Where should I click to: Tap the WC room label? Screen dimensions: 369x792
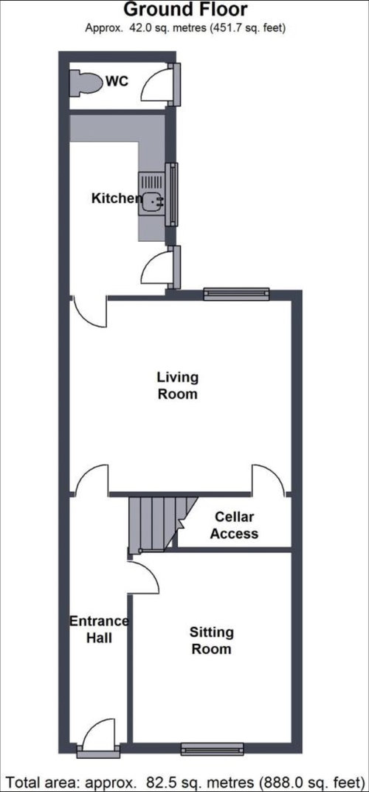117,81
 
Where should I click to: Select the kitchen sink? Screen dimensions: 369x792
152,201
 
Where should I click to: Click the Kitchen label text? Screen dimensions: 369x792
117,198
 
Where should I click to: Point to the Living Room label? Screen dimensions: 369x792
177,386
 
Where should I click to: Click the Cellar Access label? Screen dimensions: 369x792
234,525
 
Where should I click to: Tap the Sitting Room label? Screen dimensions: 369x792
211,640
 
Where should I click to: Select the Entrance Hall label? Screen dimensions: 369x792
99,629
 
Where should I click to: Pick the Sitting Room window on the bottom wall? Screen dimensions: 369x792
213,749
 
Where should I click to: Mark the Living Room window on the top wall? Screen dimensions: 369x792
237,293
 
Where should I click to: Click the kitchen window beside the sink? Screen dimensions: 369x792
172,195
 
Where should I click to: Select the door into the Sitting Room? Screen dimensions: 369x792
144,578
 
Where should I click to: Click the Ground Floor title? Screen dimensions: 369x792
186,9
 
